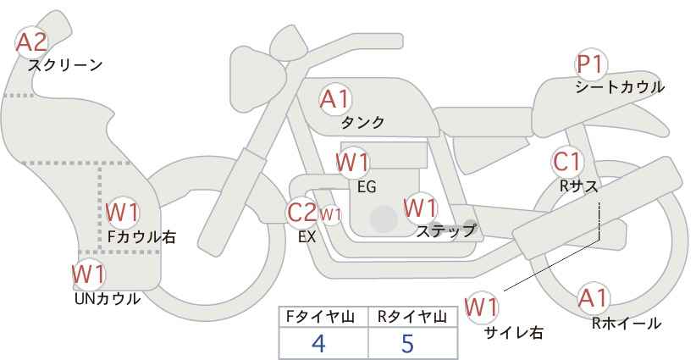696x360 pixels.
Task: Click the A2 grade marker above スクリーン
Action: [x=33, y=41]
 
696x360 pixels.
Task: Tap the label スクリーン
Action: [x=65, y=65]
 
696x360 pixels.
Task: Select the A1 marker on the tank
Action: [x=334, y=99]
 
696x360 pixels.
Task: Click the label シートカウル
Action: [x=620, y=87]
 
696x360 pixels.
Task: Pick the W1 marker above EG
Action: [x=352, y=162]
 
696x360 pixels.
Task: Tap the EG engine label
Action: [x=367, y=186]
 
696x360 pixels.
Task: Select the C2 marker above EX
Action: [x=302, y=213]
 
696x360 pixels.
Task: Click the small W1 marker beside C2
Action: [x=329, y=214]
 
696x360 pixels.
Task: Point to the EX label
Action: [x=307, y=238]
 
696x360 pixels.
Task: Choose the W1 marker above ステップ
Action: [x=420, y=208]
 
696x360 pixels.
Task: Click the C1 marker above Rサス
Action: [x=566, y=161]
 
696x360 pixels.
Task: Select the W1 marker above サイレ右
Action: [x=483, y=306]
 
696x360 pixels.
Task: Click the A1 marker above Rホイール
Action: [x=593, y=297]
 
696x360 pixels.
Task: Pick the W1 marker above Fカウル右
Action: [x=123, y=213]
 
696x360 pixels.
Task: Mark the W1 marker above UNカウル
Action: [x=88, y=274]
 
